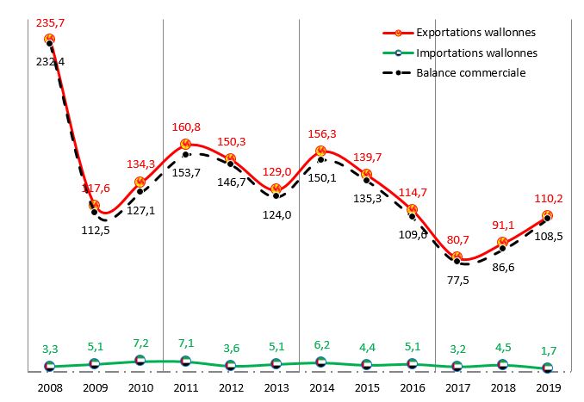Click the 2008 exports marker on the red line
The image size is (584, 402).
(49, 39)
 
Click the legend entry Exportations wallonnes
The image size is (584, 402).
(475, 33)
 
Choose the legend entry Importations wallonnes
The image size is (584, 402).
(476, 53)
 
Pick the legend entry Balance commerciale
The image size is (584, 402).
(470, 72)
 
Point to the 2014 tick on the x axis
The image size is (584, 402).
(321, 387)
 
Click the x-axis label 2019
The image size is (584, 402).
(548, 387)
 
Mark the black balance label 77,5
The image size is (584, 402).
(458, 279)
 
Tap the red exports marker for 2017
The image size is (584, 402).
(457, 257)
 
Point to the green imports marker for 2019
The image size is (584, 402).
(548, 368)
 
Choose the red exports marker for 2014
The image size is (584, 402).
(321, 152)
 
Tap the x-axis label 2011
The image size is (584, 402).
(185, 387)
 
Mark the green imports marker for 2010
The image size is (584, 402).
(140, 362)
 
